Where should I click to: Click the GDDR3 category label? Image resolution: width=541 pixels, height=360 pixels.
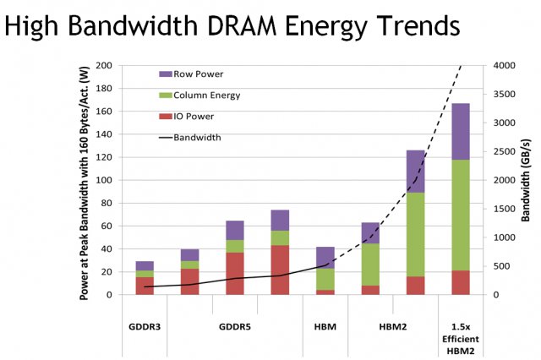tap(145, 327)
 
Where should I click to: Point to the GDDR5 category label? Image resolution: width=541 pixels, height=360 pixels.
tap(234, 327)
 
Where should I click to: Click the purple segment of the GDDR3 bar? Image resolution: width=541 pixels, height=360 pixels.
tap(145, 265)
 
